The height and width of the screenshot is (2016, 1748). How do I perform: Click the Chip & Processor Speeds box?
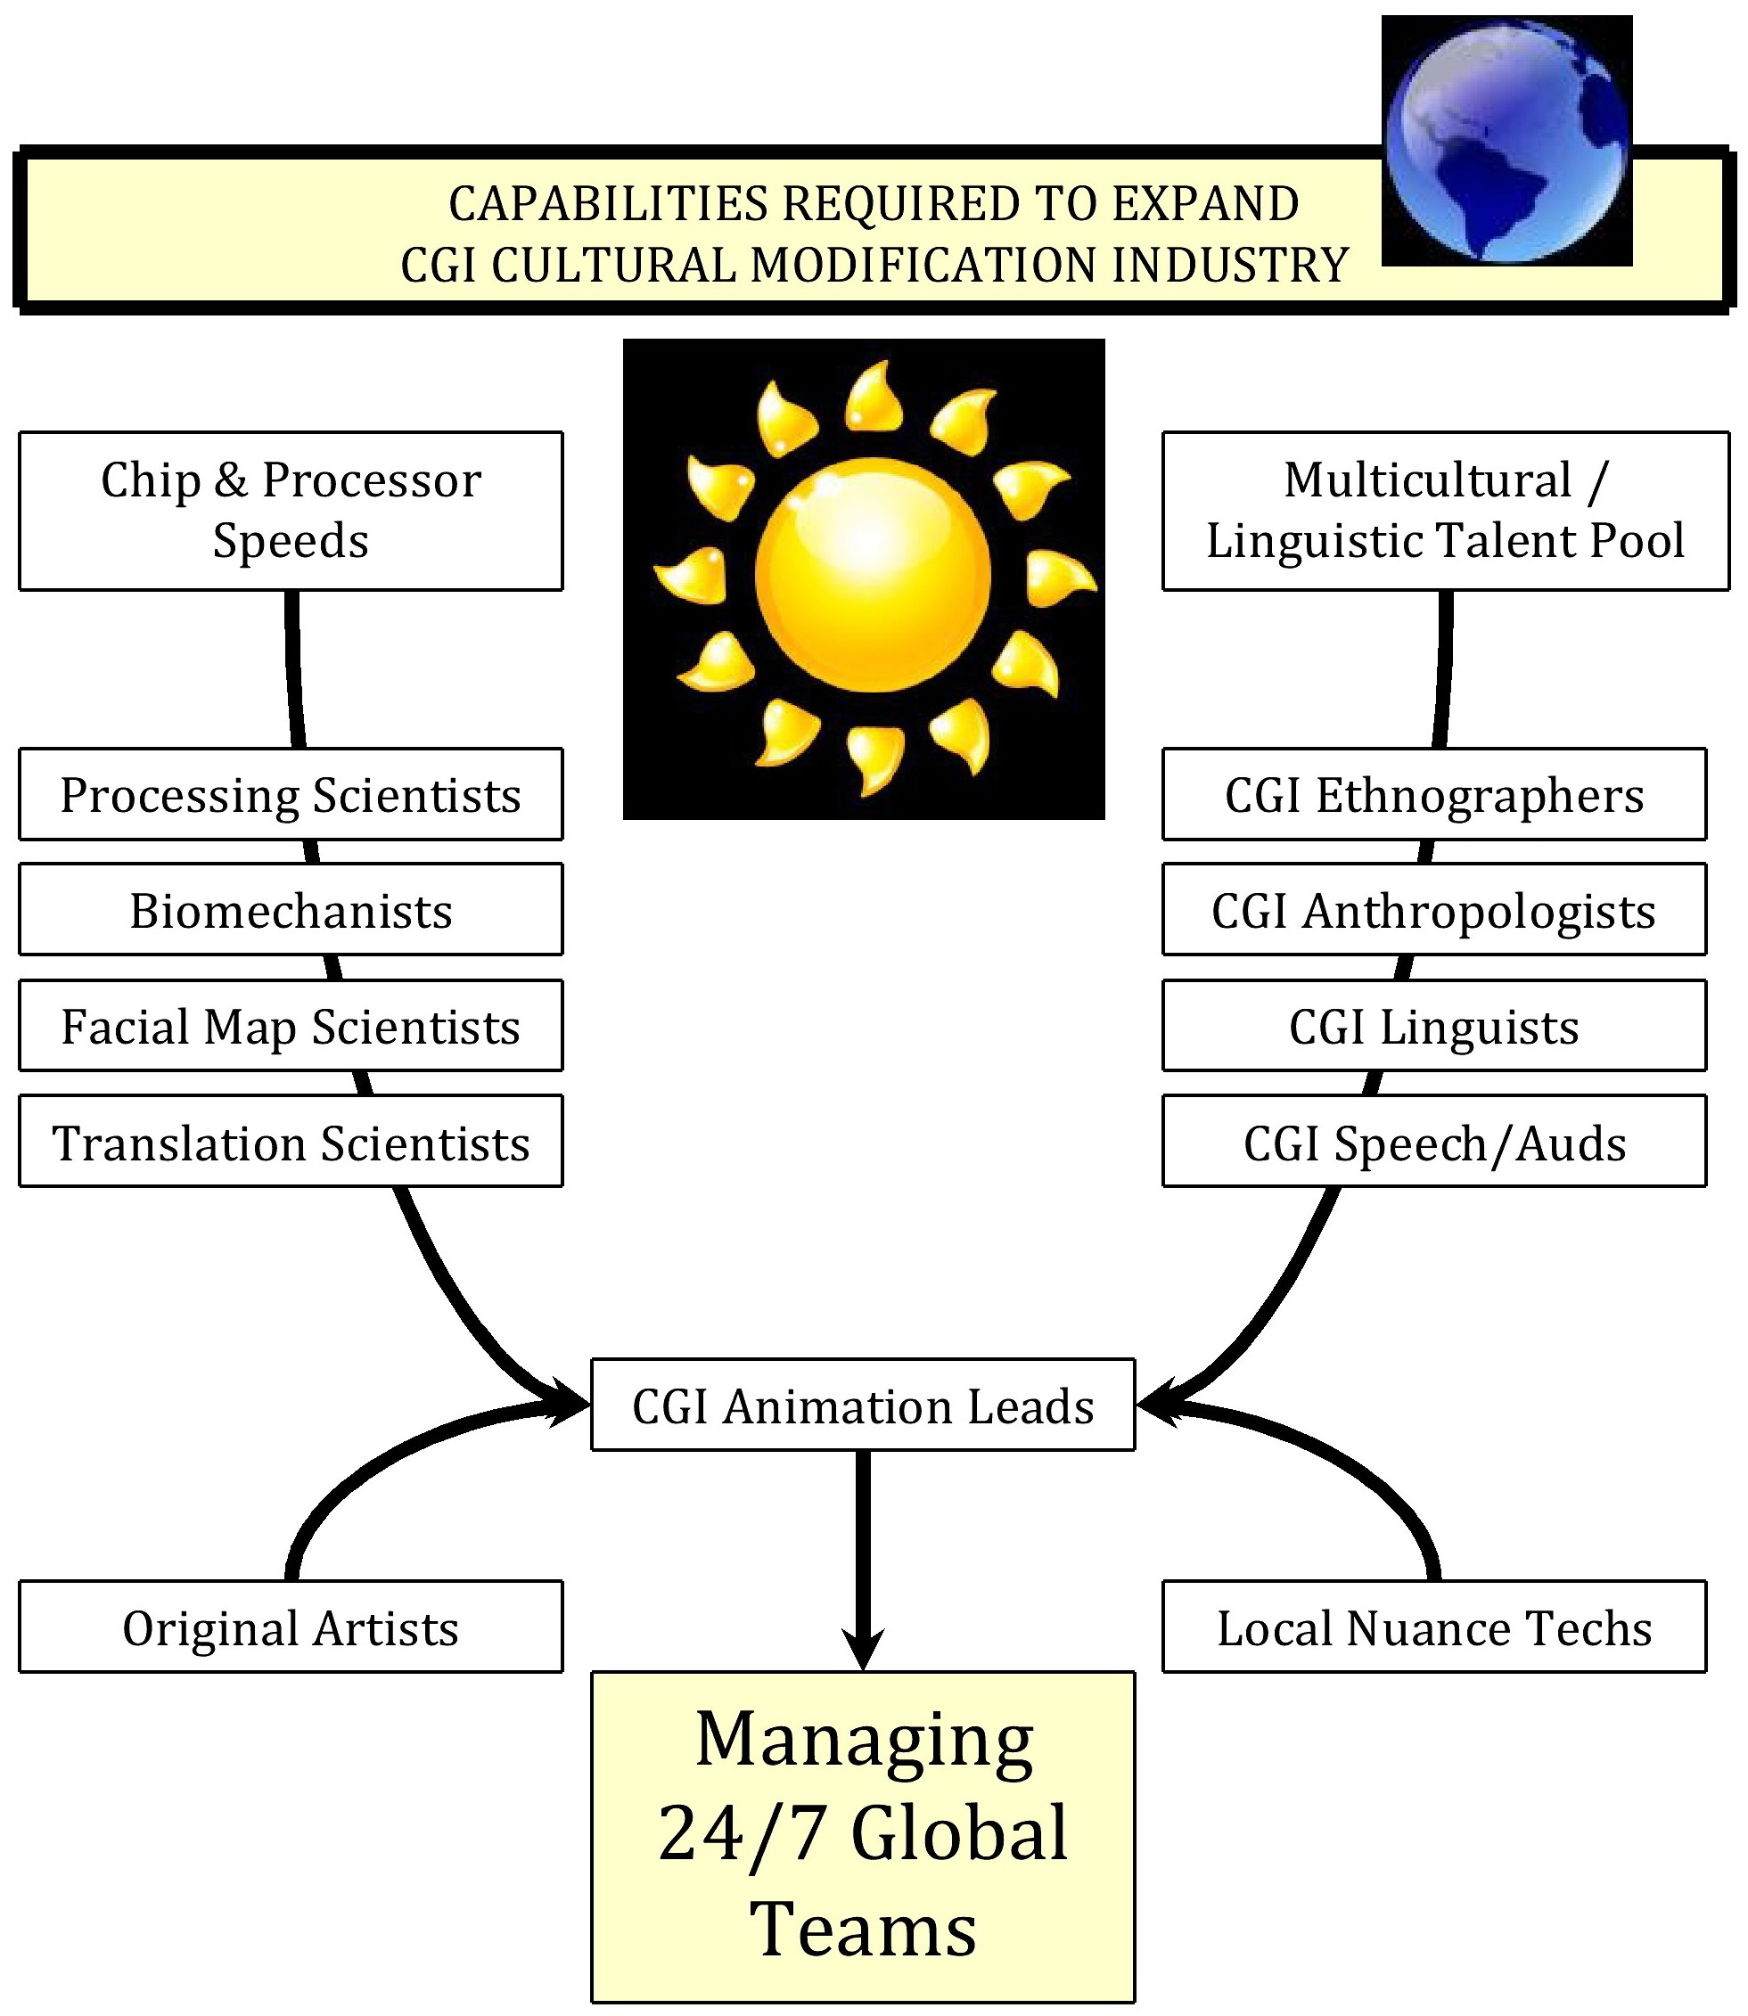(291, 510)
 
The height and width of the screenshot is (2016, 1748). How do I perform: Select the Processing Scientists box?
(291, 794)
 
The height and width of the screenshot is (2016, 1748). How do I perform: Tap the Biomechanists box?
(291, 909)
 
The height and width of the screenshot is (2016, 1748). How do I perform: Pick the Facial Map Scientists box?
(291, 1025)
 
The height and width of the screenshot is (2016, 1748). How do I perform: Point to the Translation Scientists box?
(291, 1141)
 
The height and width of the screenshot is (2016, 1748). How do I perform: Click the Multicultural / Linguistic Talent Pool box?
(1446, 510)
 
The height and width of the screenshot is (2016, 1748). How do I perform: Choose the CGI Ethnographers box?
(1434, 794)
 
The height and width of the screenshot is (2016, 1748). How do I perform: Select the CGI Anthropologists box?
(1434, 909)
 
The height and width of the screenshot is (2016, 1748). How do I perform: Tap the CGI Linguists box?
(1434, 1025)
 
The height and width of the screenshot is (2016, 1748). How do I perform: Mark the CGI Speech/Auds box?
(1434, 1141)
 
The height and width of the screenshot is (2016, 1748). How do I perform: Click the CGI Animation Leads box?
(863, 1405)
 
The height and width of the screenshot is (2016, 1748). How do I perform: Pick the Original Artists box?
(291, 1627)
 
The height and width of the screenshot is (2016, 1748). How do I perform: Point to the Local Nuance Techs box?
(1434, 1627)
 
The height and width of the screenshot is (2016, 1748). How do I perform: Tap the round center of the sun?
(873, 576)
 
